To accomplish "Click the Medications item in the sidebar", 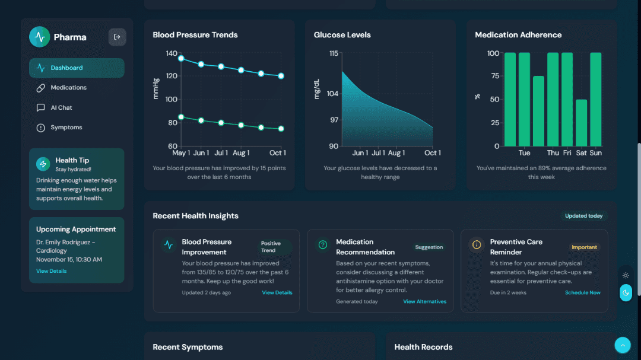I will (68, 88).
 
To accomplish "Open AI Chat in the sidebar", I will (61, 108).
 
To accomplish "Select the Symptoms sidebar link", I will (66, 128).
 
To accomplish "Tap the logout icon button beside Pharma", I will (117, 37).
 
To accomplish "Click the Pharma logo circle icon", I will (40, 37).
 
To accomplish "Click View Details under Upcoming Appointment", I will (51, 271).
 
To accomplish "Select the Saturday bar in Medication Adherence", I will (581, 123).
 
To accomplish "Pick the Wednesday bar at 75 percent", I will (538, 111).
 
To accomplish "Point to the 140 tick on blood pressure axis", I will (172, 53).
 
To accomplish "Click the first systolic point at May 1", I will (181, 58).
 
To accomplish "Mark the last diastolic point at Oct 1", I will (281, 129).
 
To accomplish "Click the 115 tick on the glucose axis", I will (333, 53).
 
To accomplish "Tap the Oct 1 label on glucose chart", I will (433, 153).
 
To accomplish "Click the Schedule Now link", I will (582, 292).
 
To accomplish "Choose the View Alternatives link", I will (424, 301).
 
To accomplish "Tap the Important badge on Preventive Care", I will (585, 247).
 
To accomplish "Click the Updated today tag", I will (583, 216).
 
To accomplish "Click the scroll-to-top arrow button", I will (622, 345).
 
